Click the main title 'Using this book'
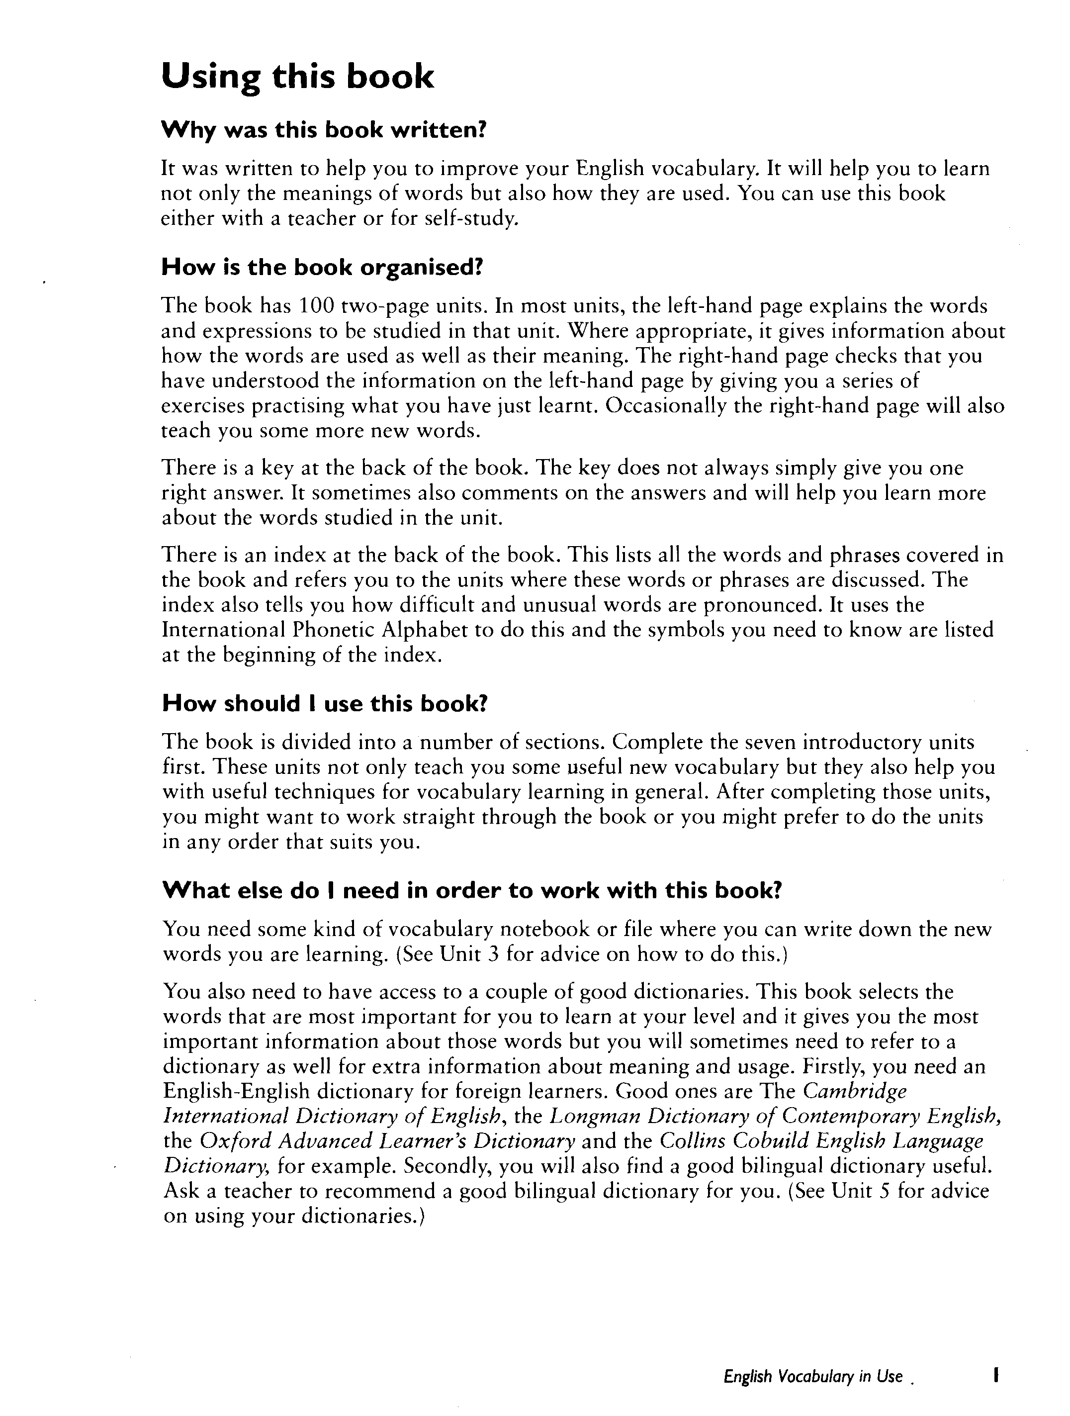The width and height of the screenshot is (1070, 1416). pos(297,77)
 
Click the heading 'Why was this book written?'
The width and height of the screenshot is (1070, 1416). pos(325,131)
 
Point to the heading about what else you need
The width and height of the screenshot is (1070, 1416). pos(472,890)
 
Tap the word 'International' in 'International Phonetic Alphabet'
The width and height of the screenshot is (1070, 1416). pos(223,630)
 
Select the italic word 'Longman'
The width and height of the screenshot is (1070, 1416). pos(595,1117)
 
